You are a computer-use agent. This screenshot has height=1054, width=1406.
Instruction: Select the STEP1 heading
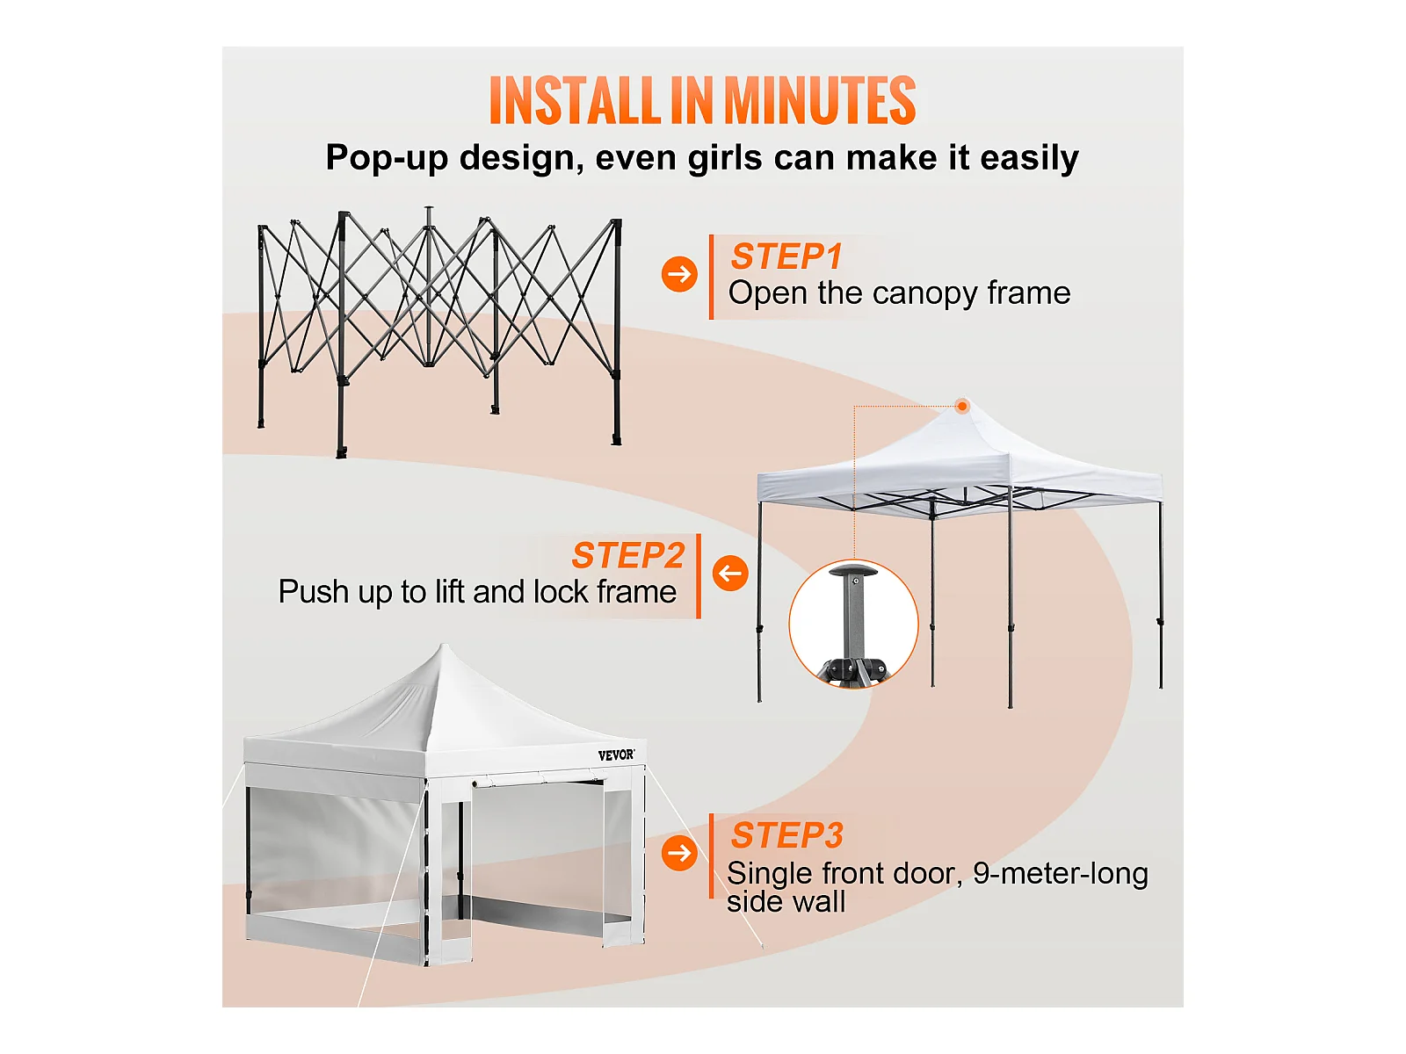(x=786, y=256)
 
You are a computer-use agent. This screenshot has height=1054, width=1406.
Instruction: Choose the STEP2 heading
(x=627, y=555)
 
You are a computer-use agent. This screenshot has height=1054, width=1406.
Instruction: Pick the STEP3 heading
(x=786, y=835)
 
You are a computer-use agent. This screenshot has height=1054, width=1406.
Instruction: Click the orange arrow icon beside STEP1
(x=679, y=274)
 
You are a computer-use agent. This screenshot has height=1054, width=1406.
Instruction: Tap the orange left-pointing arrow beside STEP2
(x=730, y=573)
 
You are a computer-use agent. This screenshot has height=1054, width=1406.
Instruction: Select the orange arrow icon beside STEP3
(x=679, y=852)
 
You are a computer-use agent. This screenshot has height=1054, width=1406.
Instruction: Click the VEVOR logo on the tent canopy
(x=616, y=755)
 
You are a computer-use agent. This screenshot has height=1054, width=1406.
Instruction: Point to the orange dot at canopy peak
(x=961, y=406)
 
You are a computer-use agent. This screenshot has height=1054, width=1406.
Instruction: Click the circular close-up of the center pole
(x=853, y=624)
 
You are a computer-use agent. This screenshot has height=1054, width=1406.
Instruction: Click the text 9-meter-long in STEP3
(x=1060, y=874)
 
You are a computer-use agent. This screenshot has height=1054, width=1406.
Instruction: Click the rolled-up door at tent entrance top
(x=539, y=780)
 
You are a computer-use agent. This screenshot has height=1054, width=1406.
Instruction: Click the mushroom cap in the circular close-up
(x=854, y=569)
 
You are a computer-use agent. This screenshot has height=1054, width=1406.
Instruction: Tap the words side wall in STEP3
(x=786, y=902)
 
